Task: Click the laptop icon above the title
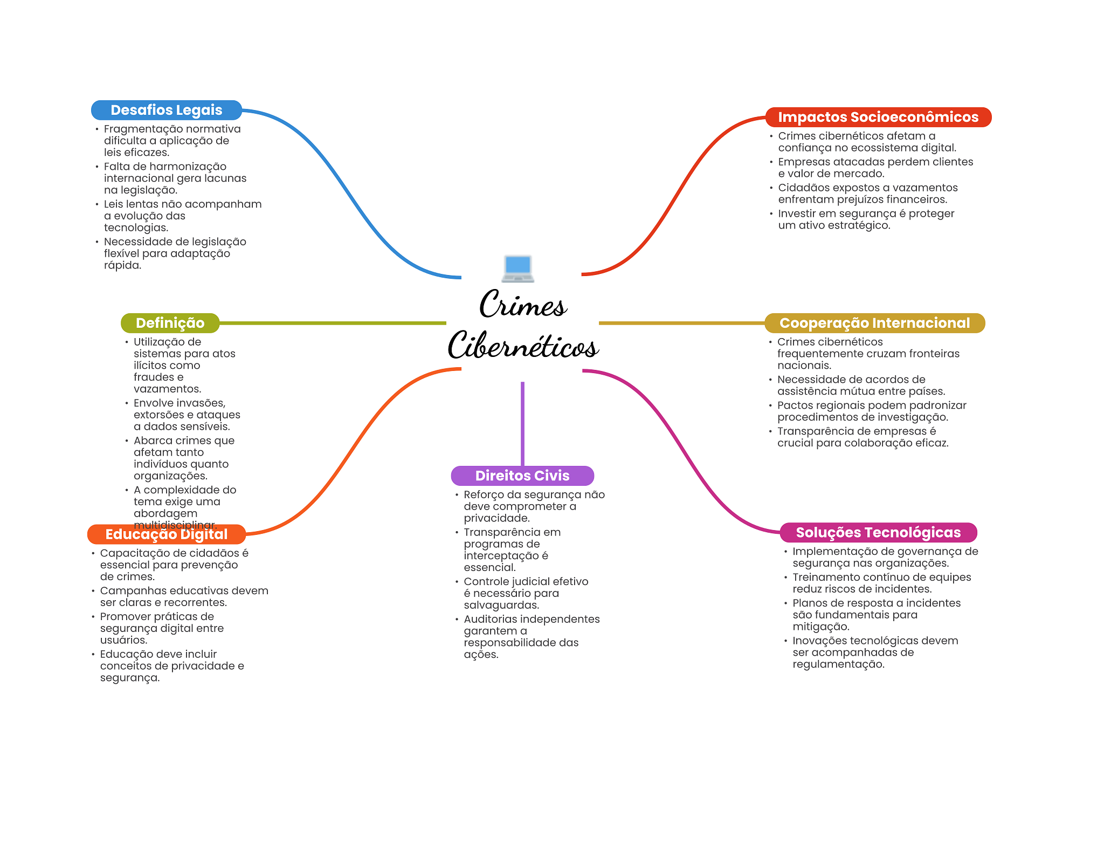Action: (x=517, y=268)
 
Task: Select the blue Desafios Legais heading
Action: (x=166, y=110)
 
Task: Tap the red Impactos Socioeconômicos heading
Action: (x=878, y=117)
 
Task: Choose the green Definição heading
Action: (x=170, y=323)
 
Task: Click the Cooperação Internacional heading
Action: (x=874, y=323)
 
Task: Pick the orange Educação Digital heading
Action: (x=166, y=534)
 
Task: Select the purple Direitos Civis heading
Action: (x=522, y=476)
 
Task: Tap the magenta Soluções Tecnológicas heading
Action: (x=878, y=532)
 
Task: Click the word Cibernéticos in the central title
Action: (x=523, y=345)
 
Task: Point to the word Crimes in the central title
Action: (x=523, y=305)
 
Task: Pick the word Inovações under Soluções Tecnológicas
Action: (x=818, y=641)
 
